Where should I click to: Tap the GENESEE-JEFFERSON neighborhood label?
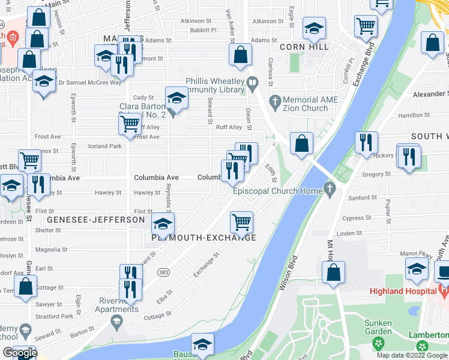click(x=96, y=220)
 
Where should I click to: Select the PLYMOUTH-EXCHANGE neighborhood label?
click(x=204, y=238)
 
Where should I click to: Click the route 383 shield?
click(x=163, y=272)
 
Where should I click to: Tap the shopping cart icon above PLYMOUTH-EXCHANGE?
click(x=241, y=221)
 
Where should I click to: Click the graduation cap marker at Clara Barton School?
click(x=176, y=97)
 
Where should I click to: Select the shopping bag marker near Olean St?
click(x=240, y=55)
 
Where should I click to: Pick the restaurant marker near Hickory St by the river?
click(x=366, y=143)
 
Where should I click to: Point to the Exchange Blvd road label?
click(x=364, y=62)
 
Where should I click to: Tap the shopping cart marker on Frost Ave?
click(x=130, y=124)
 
